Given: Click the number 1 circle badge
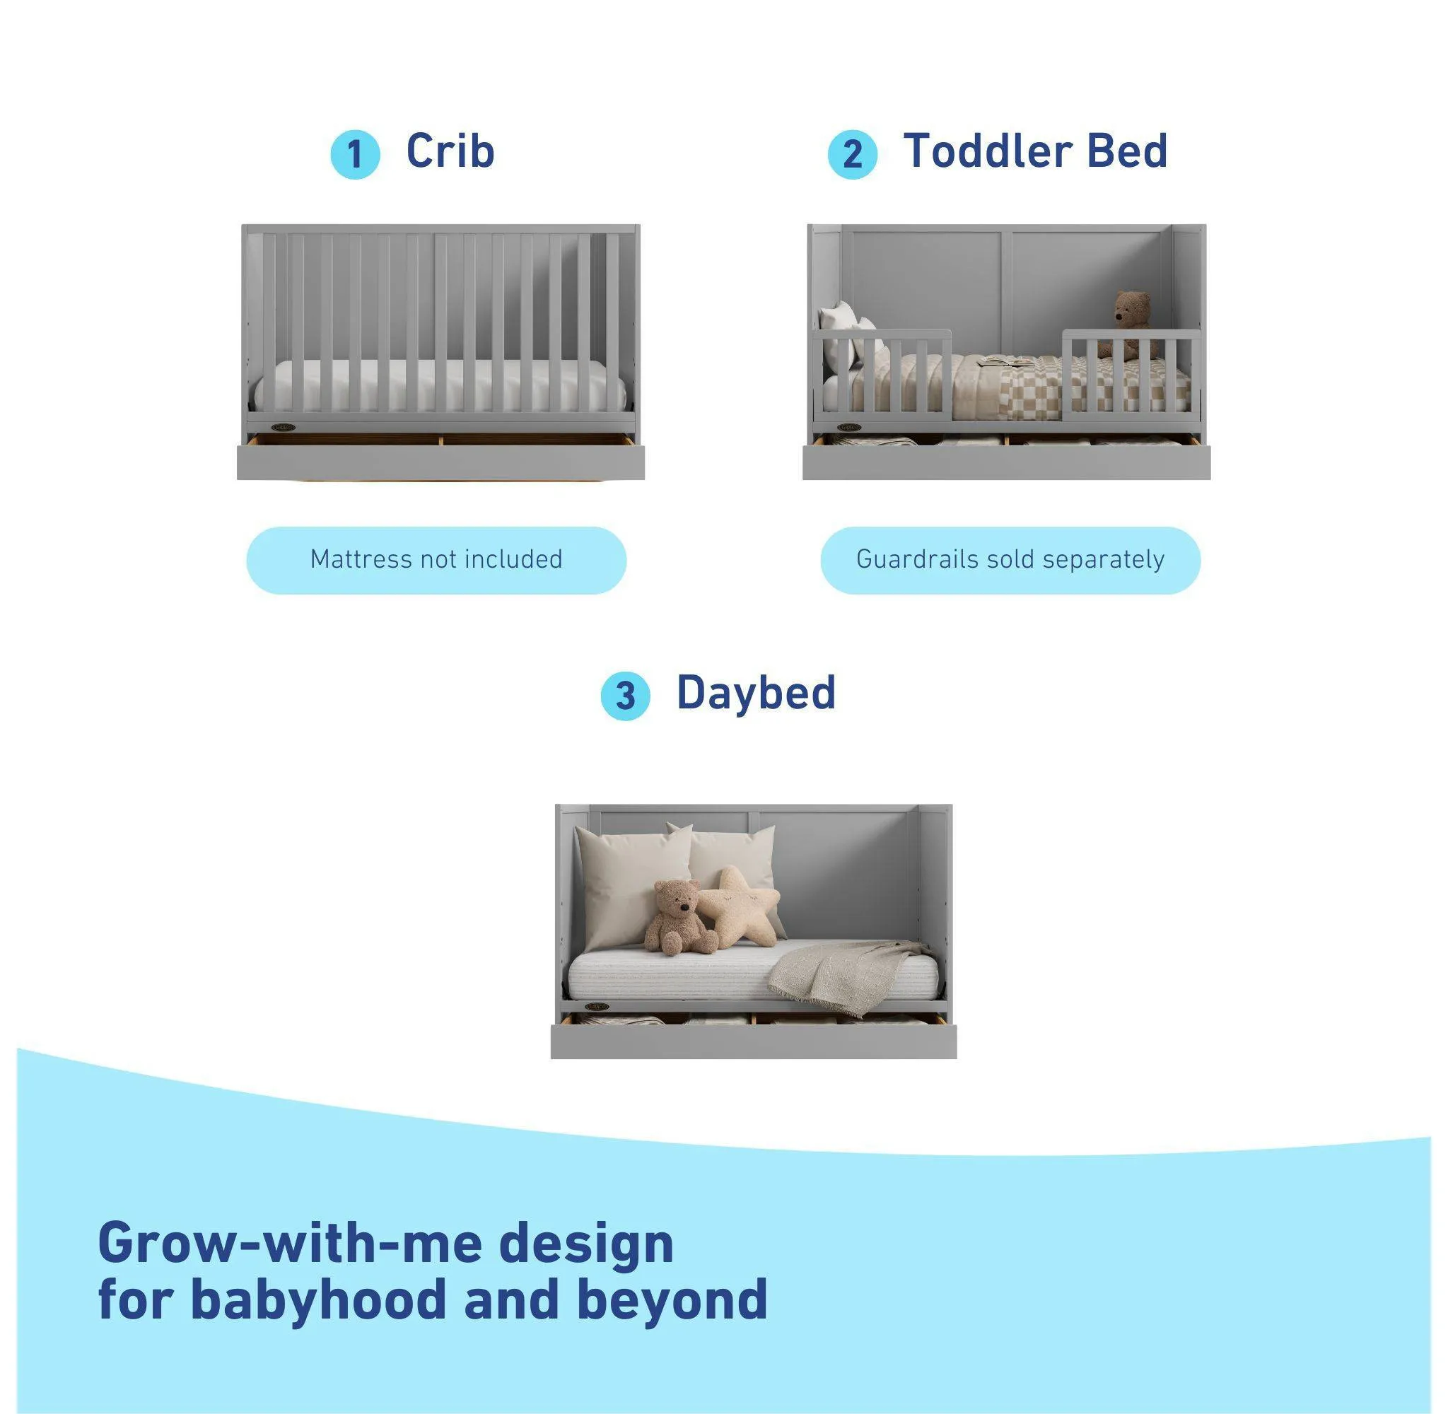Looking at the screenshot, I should click(355, 154).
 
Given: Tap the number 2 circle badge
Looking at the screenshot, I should click(852, 154).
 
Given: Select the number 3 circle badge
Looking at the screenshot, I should click(625, 696).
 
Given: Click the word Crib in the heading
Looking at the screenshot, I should click(450, 151).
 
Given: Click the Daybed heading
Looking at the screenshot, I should click(756, 692).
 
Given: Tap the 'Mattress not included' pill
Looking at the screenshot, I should click(436, 560).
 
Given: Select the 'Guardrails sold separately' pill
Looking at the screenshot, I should click(1010, 560).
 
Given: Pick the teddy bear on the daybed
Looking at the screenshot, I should click(676, 917).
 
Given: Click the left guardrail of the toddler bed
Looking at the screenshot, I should click(884, 371).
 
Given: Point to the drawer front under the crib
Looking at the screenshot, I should click(440, 462).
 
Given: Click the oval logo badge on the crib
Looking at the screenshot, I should click(284, 427).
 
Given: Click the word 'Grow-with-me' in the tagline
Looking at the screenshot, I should click(291, 1243).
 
